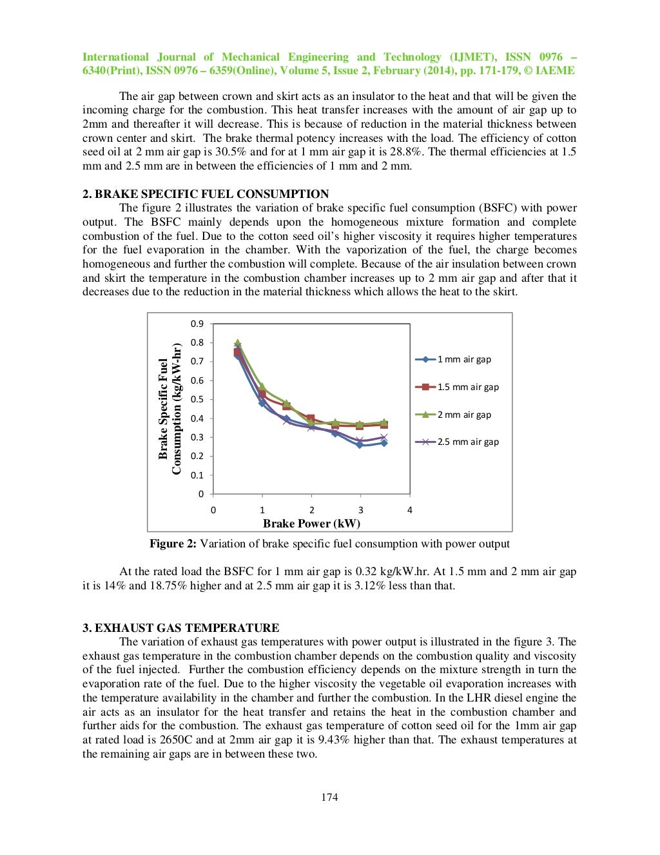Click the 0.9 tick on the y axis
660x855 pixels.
coord(197,324)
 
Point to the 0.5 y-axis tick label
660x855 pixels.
coord(197,400)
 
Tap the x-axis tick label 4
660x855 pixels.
coord(409,510)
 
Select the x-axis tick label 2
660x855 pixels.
coord(311,510)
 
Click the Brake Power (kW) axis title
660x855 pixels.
coord(311,524)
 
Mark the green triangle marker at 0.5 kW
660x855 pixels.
coord(238,343)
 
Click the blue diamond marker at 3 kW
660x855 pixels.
coord(360,445)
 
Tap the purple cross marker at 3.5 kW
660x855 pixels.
coord(384,437)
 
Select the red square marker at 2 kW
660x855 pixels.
coord(311,419)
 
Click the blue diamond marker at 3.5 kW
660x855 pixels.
coord(384,443)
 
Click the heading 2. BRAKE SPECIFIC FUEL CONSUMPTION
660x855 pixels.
coord(206,194)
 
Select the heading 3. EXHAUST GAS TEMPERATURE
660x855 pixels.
coord(180,628)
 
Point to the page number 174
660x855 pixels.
coord(329,798)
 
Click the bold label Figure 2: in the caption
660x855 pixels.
coord(173,544)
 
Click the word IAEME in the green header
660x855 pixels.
coord(556,71)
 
